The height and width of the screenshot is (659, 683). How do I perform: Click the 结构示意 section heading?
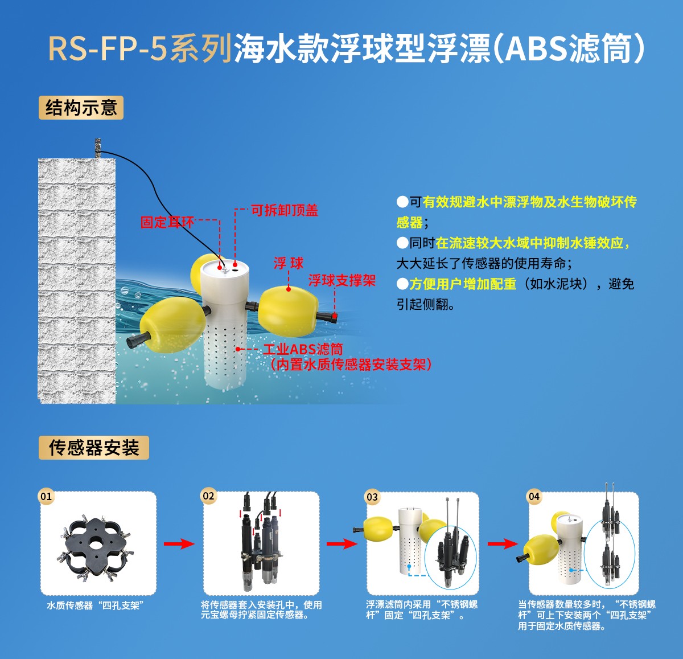click(x=81, y=108)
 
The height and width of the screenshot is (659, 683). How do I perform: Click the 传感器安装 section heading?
click(x=94, y=448)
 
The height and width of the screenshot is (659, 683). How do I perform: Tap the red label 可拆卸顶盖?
click(x=285, y=210)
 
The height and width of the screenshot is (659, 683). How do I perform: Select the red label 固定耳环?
click(x=167, y=222)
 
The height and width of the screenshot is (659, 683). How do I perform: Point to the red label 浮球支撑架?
click(x=342, y=280)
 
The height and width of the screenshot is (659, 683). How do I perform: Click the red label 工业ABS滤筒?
click(x=303, y=349)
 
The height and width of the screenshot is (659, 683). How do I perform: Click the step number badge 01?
click(x=46, y=496)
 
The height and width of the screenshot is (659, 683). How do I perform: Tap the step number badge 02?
click(x=209, y=496)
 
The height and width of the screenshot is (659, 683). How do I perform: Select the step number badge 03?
click(x=372, y=497)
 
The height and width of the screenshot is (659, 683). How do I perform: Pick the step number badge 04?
click(x=534, y=496)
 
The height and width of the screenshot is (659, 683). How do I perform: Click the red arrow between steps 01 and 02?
click(x=179, y=544)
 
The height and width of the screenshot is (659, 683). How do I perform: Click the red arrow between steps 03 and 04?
click(x=503, y=544)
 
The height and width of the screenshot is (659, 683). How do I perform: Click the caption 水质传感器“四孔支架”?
click(x=93, y=605)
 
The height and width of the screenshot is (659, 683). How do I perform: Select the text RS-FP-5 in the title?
click(x=108, y=48)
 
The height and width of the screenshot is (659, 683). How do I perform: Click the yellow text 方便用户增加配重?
click(x=463, y=284)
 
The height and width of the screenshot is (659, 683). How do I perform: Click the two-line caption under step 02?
click(x=261, y=610)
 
